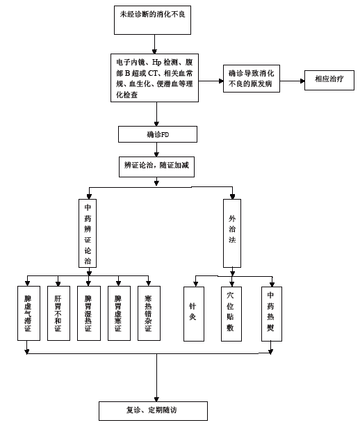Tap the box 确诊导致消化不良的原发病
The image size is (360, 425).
(x=252, y=81)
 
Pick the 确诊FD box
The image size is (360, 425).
(x=158, y=134)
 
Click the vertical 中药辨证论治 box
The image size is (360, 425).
(x=88, y=233)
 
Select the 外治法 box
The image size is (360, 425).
(x=232, y=233)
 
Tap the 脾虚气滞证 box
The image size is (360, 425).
(x=27, y=313)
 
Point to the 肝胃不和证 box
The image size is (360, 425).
(x=58, y=313)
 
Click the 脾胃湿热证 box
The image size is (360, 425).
(x=88, y=313)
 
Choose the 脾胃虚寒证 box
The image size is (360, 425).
(x=118, y=313)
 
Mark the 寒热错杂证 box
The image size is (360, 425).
(x=148, y=313)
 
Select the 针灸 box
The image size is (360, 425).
(x=193, y=313)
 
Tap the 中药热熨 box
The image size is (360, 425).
(x=270, y=313)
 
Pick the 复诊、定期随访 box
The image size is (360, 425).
(x=153, y=410)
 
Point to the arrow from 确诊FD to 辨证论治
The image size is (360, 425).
(x=156, y=149)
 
